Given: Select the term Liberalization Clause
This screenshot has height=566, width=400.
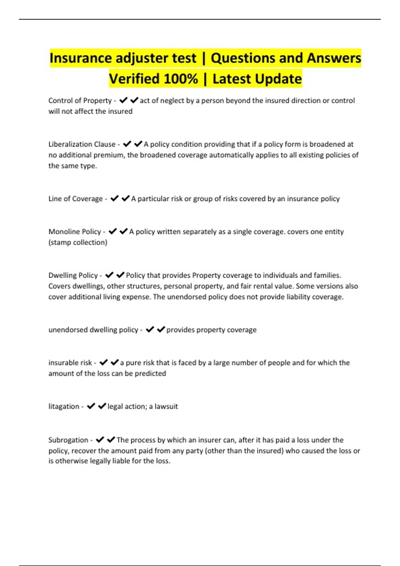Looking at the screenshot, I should click(82, 144).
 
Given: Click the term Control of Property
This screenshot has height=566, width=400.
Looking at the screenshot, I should click(80, 101).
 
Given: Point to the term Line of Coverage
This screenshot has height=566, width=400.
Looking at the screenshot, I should click(75, 199).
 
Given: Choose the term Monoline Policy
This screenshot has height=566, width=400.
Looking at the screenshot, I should click(75, 232).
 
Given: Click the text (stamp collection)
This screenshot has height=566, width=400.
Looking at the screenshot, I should click(78, 242).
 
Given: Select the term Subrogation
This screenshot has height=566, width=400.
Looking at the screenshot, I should click(68, 440).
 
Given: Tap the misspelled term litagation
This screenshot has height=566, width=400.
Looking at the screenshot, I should click(64, 407).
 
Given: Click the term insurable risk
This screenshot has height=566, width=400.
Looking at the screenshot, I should click(70, 363).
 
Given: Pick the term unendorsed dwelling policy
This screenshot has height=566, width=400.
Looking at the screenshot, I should click(93, 330).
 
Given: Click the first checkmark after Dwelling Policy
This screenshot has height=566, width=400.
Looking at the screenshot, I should click(109, 275).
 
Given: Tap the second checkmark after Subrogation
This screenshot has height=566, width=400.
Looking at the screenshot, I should click(111, 440).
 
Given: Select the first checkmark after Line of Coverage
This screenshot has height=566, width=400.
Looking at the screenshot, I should click(114, 199).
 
